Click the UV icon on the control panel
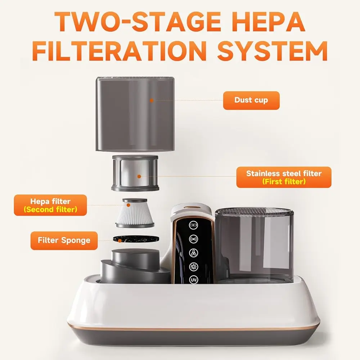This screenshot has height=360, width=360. coord(193,280)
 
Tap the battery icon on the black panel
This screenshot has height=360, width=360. coord(193,225)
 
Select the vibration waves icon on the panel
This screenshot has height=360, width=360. coord(193,239)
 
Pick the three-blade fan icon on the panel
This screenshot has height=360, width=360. coord(193,253)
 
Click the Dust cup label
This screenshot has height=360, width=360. coord(251,100)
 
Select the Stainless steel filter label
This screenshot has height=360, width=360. coord(284,177)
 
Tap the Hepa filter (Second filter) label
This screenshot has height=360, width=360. coord(50,205)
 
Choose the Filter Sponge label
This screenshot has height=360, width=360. coord(64,240)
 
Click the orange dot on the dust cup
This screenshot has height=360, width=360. coord(152,100)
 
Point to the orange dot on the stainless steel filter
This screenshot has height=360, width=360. coord(139,176)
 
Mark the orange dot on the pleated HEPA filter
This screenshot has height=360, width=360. coord(129,205)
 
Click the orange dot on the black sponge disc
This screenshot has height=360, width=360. coord(120,240)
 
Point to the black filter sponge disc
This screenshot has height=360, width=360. coord(136,239)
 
